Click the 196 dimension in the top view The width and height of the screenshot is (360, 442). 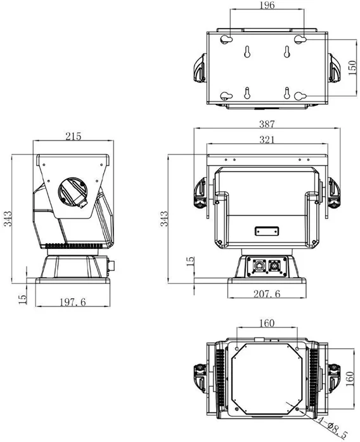tap(267, 5)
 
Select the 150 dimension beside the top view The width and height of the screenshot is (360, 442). tap(352, 68)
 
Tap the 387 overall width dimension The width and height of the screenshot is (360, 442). tap(267, 123)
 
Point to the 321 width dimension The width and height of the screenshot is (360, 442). tap(267, 139)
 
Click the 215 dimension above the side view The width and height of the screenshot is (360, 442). tap(74, 136)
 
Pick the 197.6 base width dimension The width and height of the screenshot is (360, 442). tap(72, 302)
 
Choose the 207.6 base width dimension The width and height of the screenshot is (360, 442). tap(267, 294)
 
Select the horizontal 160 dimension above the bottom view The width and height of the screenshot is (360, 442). tap(267, 323)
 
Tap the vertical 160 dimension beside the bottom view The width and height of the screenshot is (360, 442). tap(350, 379)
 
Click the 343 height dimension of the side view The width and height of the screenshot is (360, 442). tap(8, 218)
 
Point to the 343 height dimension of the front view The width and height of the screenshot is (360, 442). tap(164, 218)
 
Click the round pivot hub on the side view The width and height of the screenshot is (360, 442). tap(73, 193)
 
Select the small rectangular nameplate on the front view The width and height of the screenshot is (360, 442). tap(267, 231)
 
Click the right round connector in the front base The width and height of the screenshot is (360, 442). tap(274, 266)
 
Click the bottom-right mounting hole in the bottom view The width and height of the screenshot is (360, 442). tap(297, 408)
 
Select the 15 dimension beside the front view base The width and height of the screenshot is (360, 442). tap(191, 261)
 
